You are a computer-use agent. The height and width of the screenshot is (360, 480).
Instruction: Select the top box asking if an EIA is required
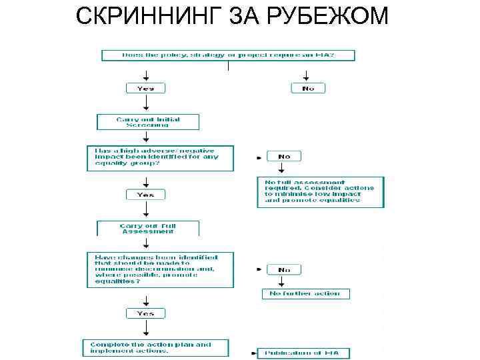click(227, 55)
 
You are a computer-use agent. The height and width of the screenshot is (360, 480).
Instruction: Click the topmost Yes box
click(145, 88)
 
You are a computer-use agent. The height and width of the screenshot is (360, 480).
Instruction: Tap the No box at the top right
click(308, 88)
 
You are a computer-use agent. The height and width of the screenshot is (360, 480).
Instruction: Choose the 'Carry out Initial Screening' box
click(148, 122)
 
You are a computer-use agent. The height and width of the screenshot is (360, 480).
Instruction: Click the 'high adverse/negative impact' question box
click(160, 158)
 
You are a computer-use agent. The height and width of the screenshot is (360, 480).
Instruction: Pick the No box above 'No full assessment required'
click(284, 156)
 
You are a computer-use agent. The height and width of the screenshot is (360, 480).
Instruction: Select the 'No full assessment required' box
click(321, 191)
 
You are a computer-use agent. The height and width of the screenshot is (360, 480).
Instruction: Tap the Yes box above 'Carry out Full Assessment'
click(145, 195)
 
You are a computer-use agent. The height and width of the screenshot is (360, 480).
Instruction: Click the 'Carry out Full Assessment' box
click(148, 229)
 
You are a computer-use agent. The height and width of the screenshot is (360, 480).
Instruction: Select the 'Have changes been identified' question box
click(160, 269)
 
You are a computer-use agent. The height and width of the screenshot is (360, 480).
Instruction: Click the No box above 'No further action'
click(284, 269)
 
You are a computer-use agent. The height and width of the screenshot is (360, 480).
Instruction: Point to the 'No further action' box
click(305, 293)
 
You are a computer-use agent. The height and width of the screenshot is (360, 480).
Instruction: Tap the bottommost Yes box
click(145, 313)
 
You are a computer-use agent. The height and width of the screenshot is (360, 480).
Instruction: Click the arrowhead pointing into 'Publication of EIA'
click(259, 353)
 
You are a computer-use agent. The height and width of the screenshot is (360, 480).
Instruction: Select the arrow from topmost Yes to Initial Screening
click(145, 104)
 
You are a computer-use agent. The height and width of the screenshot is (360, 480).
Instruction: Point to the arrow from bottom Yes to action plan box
click(145, 329)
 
